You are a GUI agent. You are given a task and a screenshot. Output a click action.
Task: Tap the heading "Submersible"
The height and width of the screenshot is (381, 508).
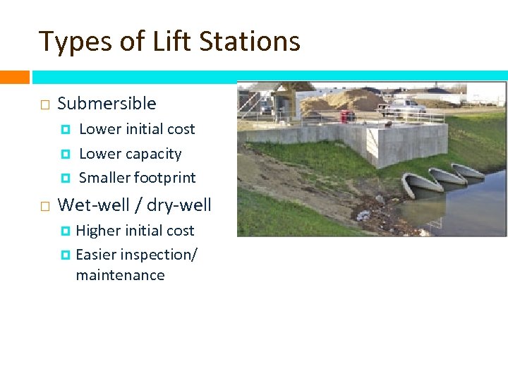(107, 104)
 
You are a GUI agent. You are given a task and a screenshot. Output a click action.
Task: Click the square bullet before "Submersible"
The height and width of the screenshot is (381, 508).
(44, 104)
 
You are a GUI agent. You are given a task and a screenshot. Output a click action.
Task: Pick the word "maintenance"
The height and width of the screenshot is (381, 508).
(120, 275)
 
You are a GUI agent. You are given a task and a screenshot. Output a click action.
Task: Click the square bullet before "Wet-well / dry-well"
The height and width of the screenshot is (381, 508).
(44, 206)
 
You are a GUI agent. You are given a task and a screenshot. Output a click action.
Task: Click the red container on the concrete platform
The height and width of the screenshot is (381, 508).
(346, 116)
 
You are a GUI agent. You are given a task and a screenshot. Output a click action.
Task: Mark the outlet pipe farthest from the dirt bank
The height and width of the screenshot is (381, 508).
(469, 171)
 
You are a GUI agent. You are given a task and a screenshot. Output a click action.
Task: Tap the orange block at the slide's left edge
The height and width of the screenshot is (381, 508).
(14, 76)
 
